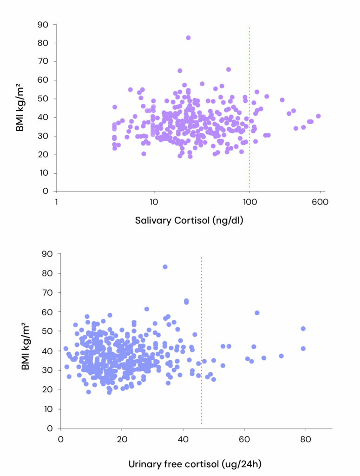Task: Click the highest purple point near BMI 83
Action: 188,38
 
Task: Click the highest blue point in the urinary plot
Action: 165,267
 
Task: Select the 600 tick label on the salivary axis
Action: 321,202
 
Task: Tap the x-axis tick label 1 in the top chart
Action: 56,202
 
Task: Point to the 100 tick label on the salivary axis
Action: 249,202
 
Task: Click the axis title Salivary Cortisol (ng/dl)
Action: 190,220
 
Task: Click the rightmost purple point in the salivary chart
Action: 318,116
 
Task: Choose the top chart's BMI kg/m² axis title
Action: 20,107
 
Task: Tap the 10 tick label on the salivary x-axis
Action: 153,202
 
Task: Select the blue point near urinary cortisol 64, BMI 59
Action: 257,313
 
